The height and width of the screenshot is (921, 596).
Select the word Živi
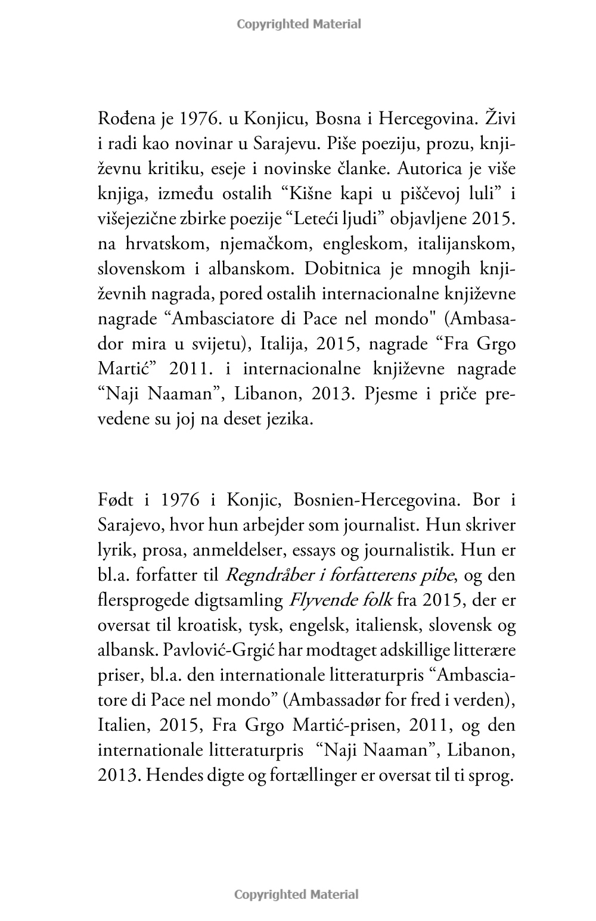coord(499,119)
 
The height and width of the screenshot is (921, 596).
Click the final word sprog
coord(494,776)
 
